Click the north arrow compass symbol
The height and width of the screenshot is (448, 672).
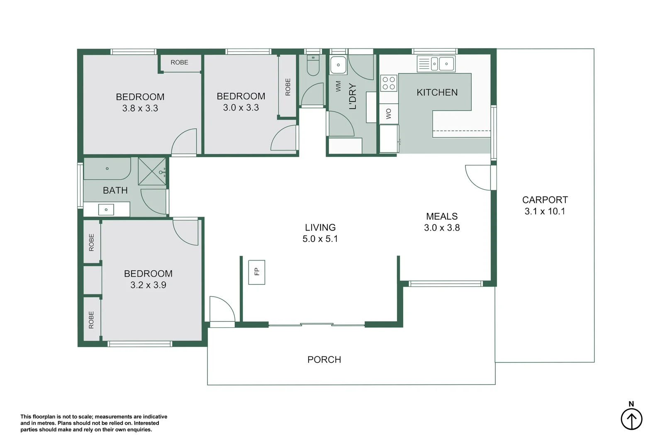pyautogui.click(x=631, y=419)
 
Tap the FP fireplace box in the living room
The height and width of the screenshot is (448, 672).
pyautogui.click(x=256, y=272)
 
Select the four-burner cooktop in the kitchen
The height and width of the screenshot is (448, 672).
pyautogui.click(x=389, y=83)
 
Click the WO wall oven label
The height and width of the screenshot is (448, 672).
pyautogui.click(x=389, y=114)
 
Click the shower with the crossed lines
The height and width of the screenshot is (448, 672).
pyautogui.click(x=152, y=171)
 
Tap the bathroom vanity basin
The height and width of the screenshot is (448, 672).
pyautogui.click(x=106, y=209)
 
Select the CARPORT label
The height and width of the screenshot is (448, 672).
pyautogui.click(x=545, y=200)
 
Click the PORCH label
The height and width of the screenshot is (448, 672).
pyautogui.click(x=324, y=360)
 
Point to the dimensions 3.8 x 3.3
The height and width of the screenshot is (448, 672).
pyautogui.click(x=140, y=108)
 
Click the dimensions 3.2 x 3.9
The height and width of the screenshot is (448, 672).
pyautogui.click(x=148, y=285)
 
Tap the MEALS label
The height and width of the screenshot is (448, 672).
pyautogui.click(x=442, y=217)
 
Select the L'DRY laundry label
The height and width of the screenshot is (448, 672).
pyautogui.click(x=353, y=96)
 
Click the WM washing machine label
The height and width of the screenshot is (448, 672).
pyautogui.click(x=338, y=86)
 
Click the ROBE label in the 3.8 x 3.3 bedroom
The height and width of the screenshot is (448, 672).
pyautogui.click(x=179, y=63)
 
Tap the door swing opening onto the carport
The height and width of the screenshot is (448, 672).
pyautogui.click(x=479, y=177)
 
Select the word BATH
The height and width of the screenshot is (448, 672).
pyautogui.click(x=115, y=190)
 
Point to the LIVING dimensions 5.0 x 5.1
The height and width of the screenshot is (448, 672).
pyautogui.click(x=320, y=239)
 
